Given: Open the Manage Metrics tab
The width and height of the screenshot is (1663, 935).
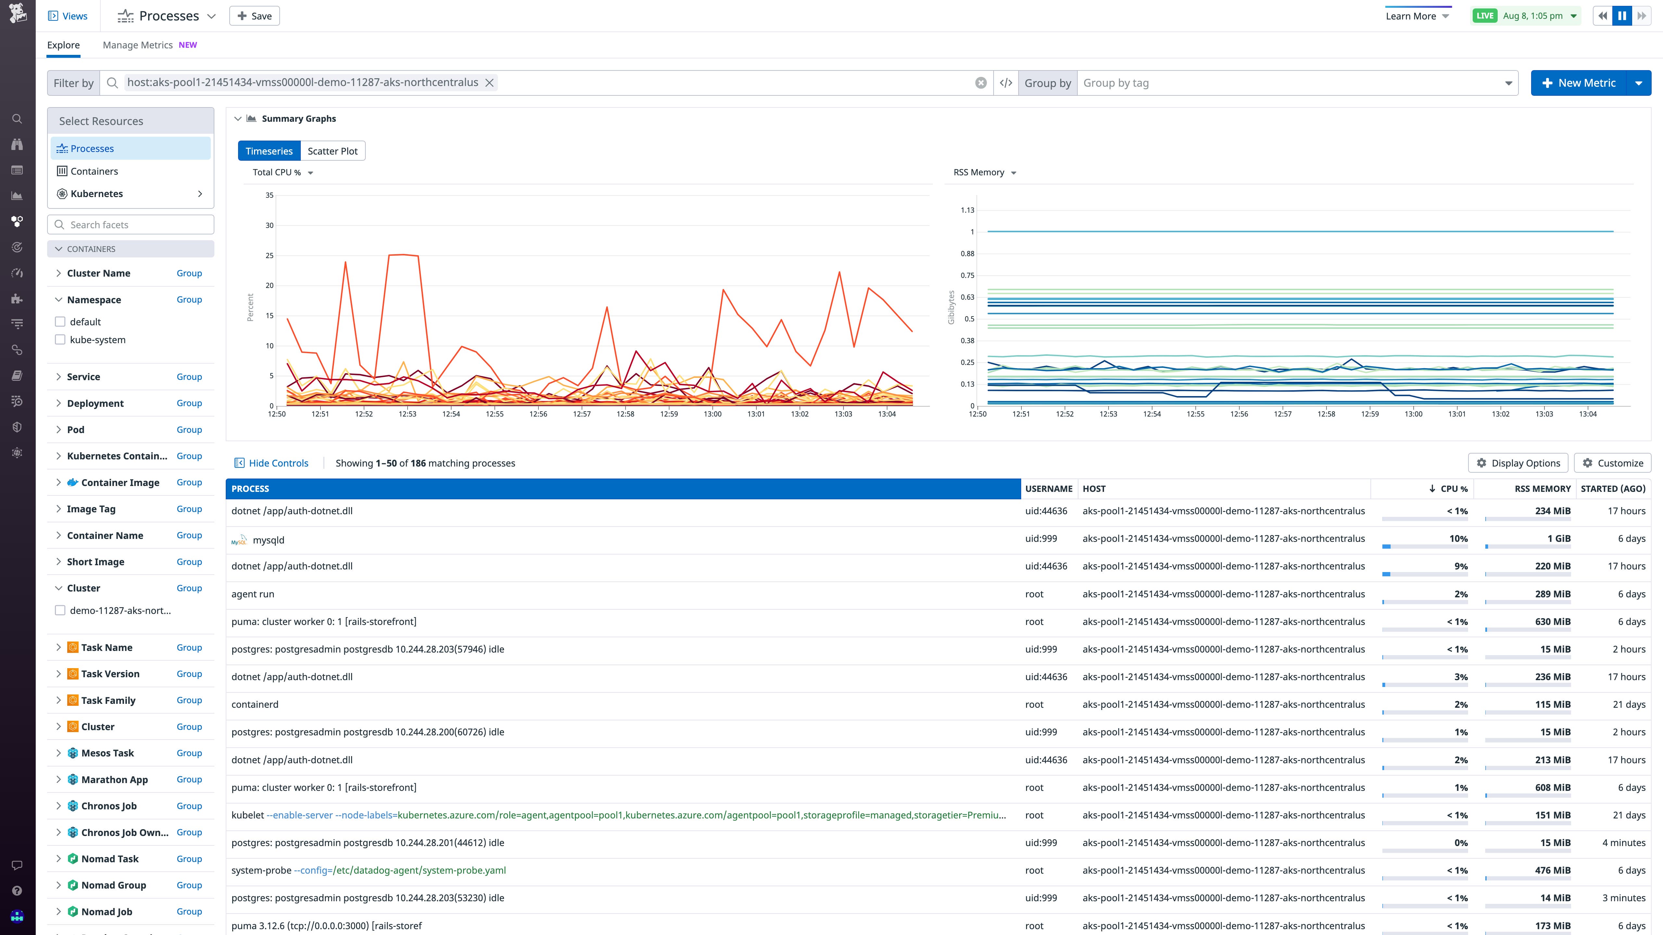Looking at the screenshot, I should tap(137, 45).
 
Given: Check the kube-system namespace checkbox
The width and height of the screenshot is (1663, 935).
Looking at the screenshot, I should tap(60, 340).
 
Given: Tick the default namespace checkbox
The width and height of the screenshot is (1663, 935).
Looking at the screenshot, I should tap(60, 322).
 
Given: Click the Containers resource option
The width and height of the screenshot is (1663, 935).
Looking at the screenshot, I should tap(94, 171).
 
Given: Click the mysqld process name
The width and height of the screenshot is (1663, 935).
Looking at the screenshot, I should tap(269, 540).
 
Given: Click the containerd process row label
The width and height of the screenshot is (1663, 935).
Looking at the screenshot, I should tap(255, 704).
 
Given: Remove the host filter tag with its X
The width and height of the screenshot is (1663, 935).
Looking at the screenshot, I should tap(489, 82).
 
